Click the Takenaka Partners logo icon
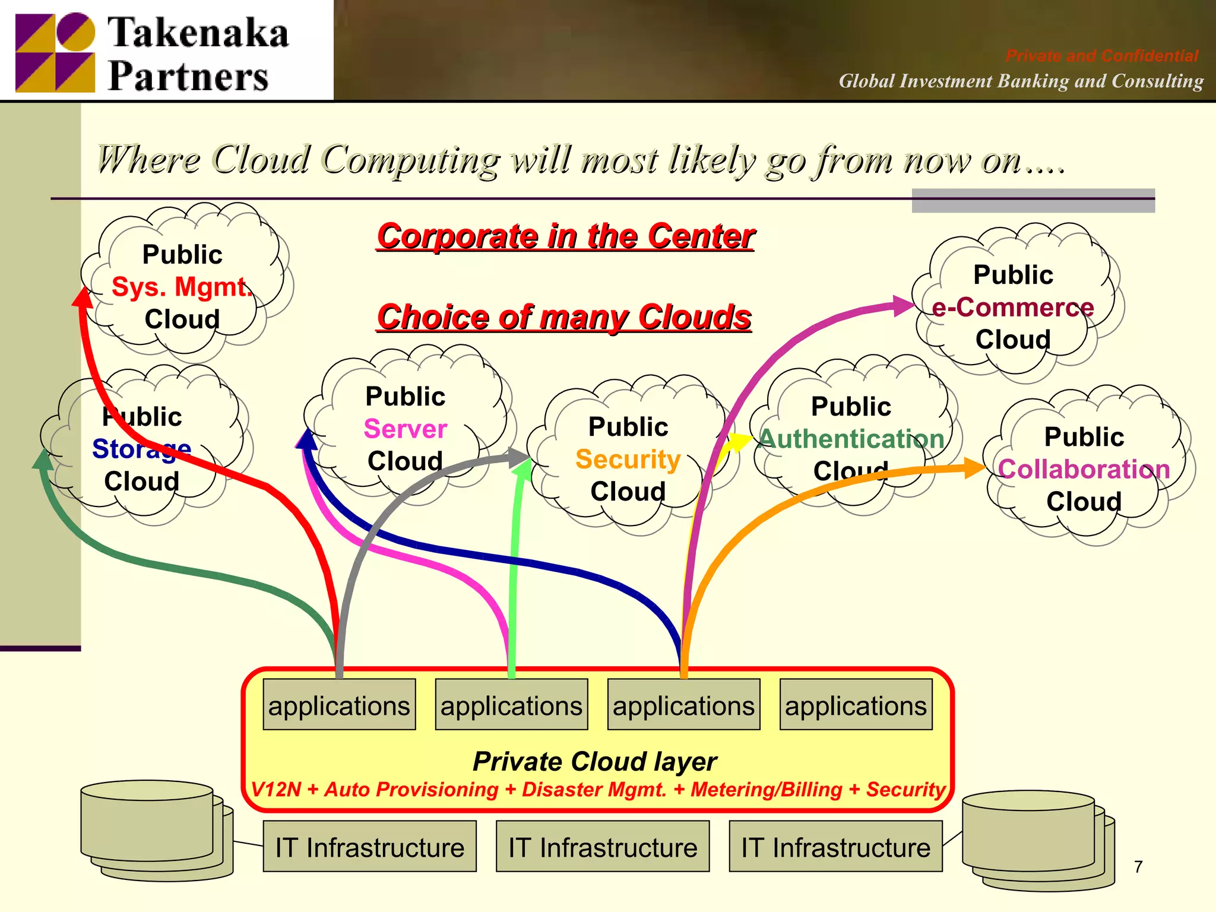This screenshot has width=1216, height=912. point(55,52)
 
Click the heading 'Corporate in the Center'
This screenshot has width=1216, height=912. point(565,236)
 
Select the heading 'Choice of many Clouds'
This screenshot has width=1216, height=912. point(564,317)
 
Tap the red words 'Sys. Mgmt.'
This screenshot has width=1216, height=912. point(181,287)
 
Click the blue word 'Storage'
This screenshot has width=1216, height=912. point(141,449)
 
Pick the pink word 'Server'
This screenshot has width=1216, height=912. point(405,429)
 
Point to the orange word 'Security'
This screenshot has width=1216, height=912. point(628,459)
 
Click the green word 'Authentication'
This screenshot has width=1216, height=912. point(851,439)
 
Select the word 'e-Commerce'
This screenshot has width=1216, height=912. point(1012,308)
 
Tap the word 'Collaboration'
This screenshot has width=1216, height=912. point(1084,469)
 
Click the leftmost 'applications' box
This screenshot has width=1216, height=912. point(339,705)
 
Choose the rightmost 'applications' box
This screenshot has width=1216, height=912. point(856,705)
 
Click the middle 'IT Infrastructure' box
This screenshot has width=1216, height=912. point(602,847)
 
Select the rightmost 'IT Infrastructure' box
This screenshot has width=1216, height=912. point(835,847)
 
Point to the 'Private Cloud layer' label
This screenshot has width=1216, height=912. point(595,762)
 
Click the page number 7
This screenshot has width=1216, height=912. point(1138,867)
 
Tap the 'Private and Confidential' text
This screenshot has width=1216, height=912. point(1101,56)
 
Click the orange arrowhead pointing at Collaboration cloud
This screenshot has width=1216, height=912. point(974,468)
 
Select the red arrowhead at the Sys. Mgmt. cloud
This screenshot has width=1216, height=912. point(83,297)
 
